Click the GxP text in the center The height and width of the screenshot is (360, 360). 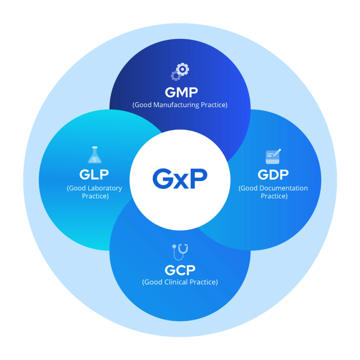coord(180,179)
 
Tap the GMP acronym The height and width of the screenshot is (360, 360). coord(181,92)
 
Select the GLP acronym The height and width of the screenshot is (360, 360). coord(94,174)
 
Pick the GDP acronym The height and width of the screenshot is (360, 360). coord(273,174)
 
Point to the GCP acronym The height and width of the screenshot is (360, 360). coord(180,270)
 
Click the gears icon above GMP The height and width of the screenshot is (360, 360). coord(180,72)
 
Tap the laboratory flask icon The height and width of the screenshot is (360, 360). coord(94,155)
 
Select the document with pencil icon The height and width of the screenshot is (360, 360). coord(273,156)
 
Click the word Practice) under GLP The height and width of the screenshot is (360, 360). coord(95,196)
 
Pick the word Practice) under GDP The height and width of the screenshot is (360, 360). coord(274,196)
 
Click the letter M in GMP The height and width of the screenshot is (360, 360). coord(181,92)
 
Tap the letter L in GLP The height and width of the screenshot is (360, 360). coord(94,174)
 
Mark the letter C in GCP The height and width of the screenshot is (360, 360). coord(180,270)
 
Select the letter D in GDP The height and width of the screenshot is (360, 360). coord(273,174)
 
